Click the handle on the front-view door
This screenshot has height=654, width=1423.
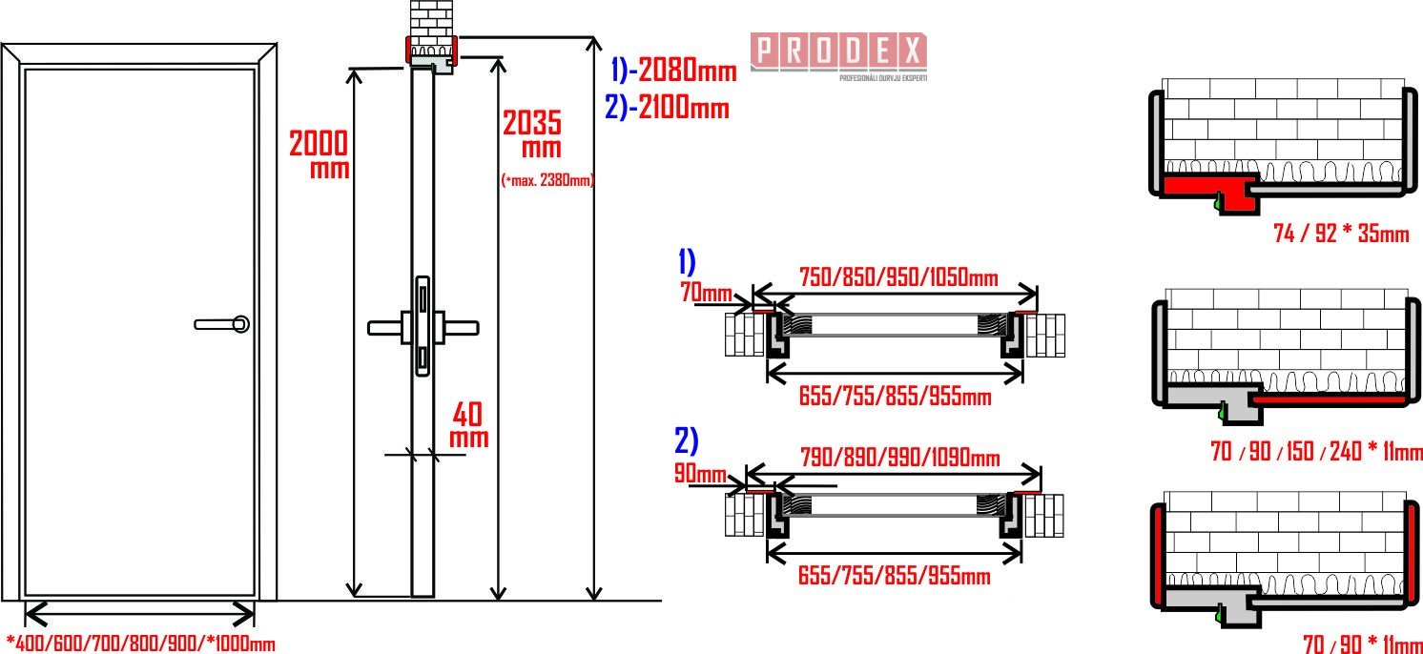pos(221,324)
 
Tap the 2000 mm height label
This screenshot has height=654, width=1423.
pos(319,153)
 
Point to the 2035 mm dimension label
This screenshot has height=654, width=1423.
pos(532,134)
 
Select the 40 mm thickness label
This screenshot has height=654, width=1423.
pos(469,425)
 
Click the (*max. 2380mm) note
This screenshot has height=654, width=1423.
pos(547,180)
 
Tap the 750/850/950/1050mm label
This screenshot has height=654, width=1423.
pos(898,276)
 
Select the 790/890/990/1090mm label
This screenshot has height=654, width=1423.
pos(899,458)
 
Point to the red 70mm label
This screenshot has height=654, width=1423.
pos(706,292)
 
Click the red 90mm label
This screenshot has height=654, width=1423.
pos(700,474)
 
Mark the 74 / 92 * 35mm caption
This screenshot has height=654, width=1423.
pos(1341,234)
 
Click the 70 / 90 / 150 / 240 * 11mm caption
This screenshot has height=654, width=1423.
pos(1315,452)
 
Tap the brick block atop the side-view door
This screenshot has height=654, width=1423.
pos(432,23)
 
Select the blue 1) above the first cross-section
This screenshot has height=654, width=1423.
pos(688,261)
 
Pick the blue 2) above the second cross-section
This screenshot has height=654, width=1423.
pos(686,440)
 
